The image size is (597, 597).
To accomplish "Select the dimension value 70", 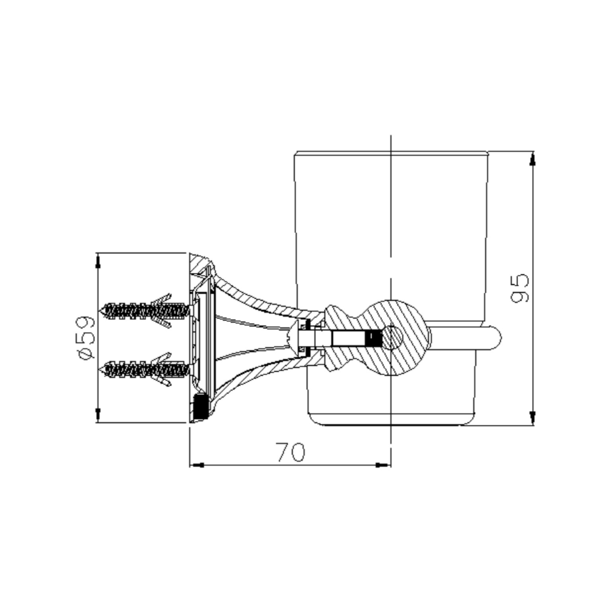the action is tap(292, 452).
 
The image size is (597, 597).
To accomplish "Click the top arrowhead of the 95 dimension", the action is tap(532, 160).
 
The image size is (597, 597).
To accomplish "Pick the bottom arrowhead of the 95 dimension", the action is tap(532, 417).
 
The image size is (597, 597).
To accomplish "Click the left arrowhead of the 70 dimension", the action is tap(197, 464).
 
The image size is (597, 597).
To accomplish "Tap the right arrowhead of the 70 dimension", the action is tap(383, 464).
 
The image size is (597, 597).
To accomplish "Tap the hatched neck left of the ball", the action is tap(338, 338).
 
